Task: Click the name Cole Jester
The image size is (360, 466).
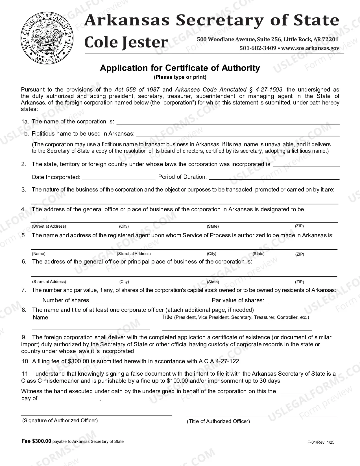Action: click(x=126, y=42)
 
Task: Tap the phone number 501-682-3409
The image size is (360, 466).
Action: click(x=258, y=48)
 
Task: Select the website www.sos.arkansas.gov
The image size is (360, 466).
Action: click(x=310, y=48)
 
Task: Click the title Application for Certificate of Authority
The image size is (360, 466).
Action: click(x=180, y=68)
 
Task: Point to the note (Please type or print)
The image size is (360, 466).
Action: click(x=180, y=77)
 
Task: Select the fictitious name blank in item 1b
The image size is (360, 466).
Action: click(x=238, y=134)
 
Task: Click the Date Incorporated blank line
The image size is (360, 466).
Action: click(x=119, y=178)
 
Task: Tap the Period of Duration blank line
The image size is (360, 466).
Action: click(x=274, y=178)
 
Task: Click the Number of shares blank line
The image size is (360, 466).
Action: click(x=126, y=301)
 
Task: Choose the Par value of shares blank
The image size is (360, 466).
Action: click(x=304, y=301)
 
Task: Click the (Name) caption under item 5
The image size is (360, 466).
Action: click(x=39, y=254)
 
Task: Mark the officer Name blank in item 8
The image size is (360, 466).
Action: click(x=91, y=328)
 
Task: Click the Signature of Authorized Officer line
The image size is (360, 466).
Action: click(x=97, y=414)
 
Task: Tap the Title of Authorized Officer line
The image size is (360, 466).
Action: click(x=261, y=414)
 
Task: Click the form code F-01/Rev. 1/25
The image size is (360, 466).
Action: click(x=321, y=443)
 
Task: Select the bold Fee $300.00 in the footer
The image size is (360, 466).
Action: click(x=36, y=441)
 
